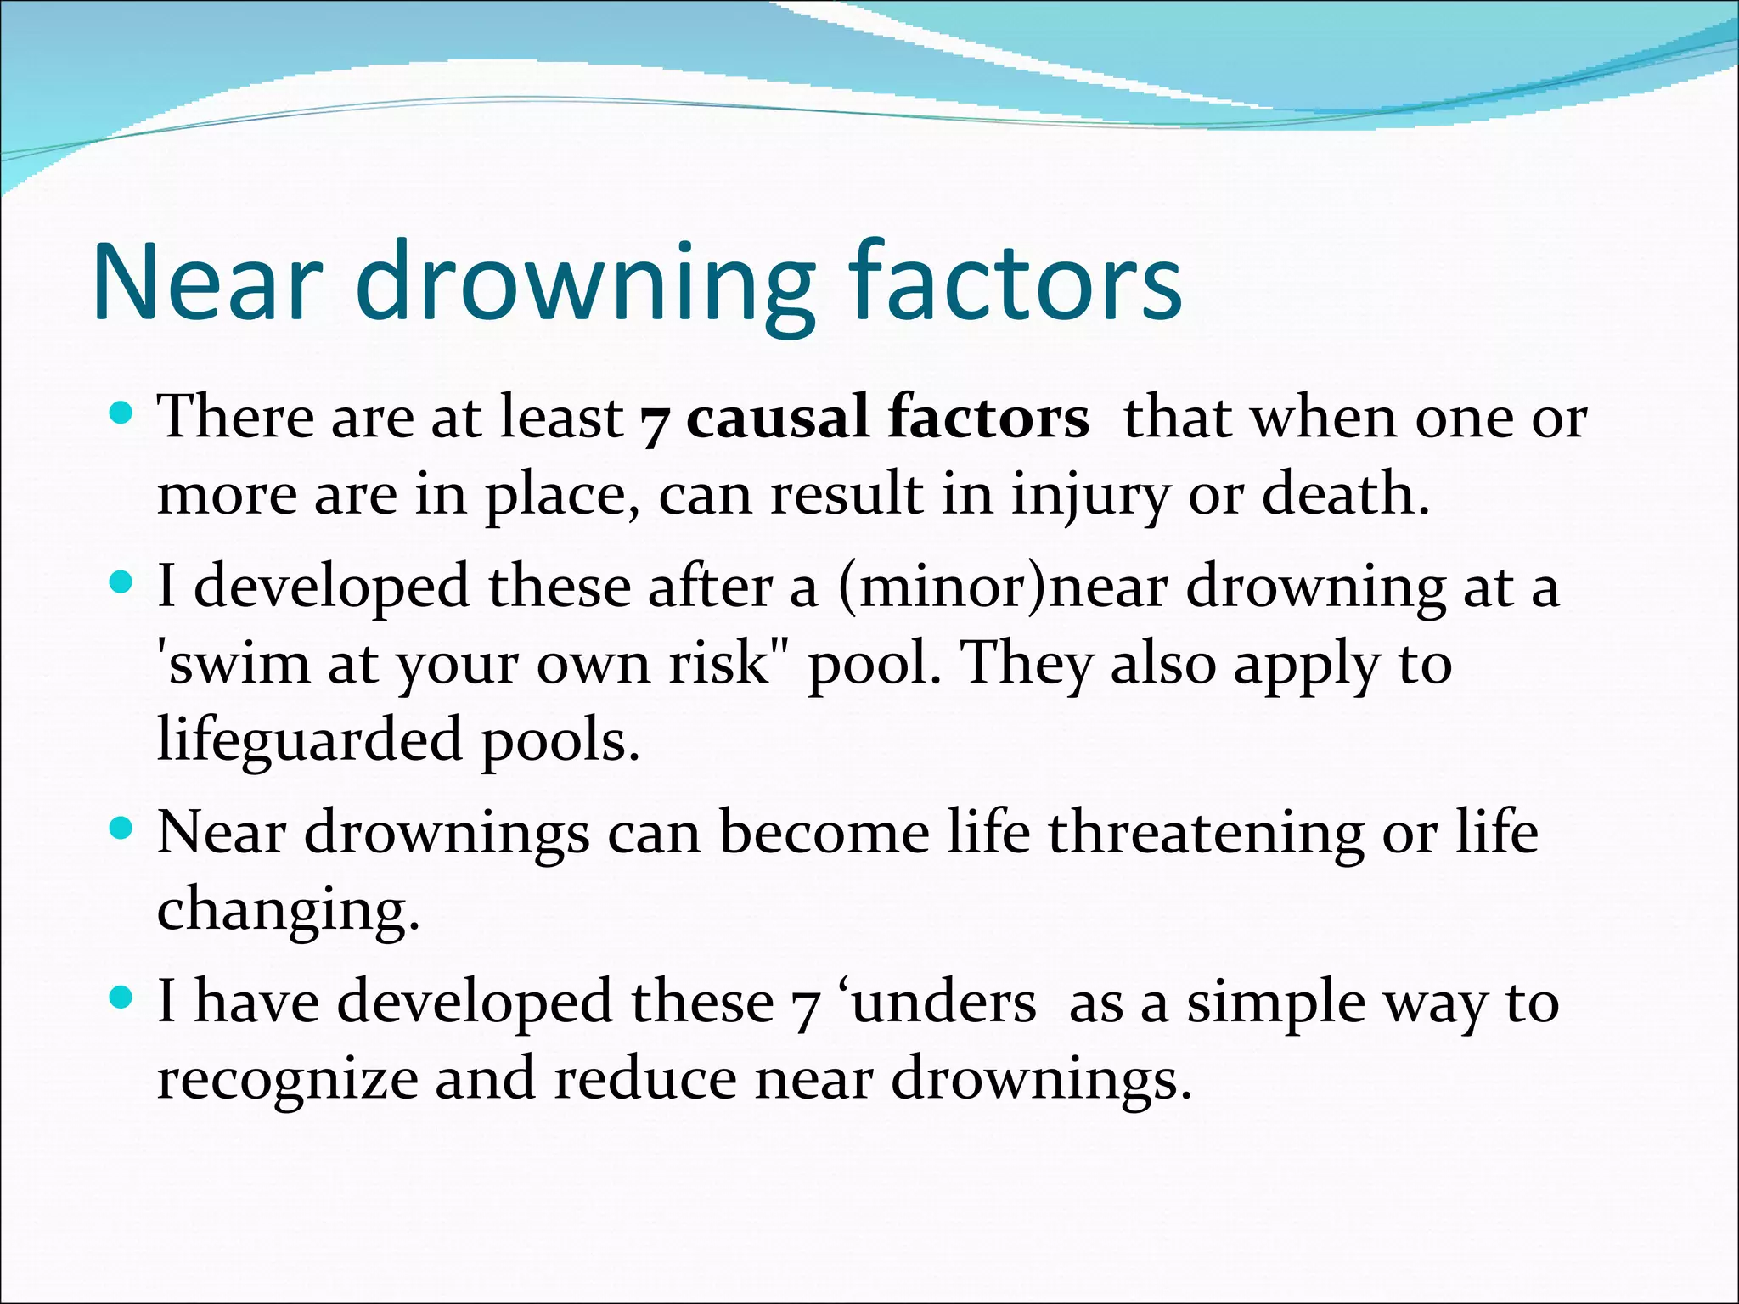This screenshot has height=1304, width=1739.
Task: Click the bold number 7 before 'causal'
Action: [x=654, y=422]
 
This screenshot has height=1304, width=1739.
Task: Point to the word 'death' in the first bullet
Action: [x=1345, y=494]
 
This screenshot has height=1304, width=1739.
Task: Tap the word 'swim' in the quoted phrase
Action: [x=233, y=663]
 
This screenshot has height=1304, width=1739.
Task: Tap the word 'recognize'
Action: [x=287, y=1080]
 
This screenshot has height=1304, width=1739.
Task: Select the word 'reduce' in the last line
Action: [x=645, y=1079]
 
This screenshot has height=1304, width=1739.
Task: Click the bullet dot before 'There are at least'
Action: [x=122, y=414]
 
